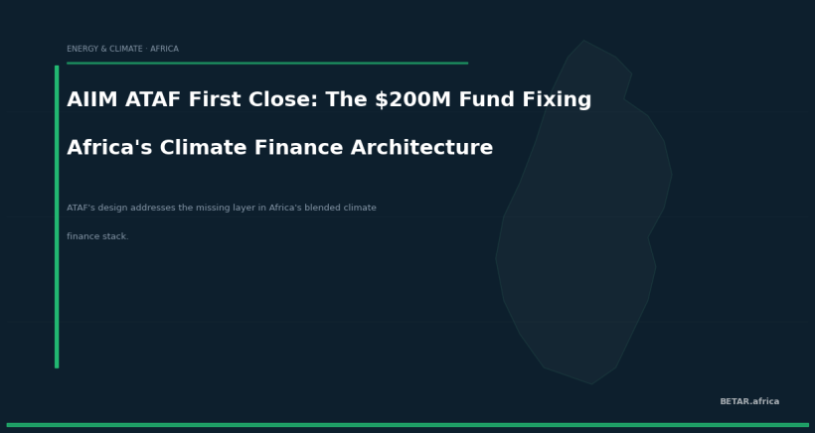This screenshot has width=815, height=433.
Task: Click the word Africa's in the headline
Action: [x=108, y=148]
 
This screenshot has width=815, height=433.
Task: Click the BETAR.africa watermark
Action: [x=749, y=402]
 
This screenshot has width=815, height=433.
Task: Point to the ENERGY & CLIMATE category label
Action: [x=105, y=49]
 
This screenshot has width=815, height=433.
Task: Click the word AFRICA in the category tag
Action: [x=164, y=49]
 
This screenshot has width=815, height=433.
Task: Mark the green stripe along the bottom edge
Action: [x=407, y=425]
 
